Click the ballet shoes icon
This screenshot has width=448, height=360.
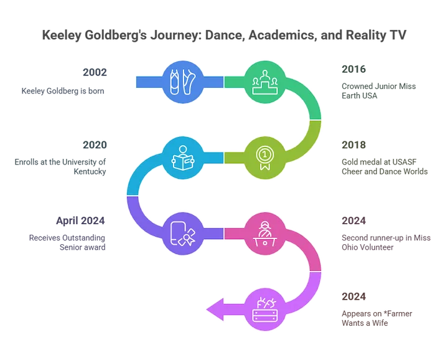(183, 82)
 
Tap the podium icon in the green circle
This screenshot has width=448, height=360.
(265, 82)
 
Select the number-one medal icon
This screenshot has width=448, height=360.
(265, 158)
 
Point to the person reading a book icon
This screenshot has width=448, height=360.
(183, 158)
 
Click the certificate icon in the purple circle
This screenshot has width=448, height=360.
(183, 234)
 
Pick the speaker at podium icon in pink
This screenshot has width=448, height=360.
(265, 234)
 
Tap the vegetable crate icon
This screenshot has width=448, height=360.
(265, 310)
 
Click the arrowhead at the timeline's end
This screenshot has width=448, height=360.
(215, 310)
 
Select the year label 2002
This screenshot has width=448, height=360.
(95, 72)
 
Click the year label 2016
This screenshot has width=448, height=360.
(353, 69)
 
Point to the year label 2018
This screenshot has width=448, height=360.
(353, 145)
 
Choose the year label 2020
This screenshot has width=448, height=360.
(95, 145)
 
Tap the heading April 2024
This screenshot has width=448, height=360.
(80, 220)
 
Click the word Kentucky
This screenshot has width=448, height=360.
(90, 171)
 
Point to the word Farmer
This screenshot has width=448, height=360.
(399, 314)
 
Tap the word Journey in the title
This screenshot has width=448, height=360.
(174, 35)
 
